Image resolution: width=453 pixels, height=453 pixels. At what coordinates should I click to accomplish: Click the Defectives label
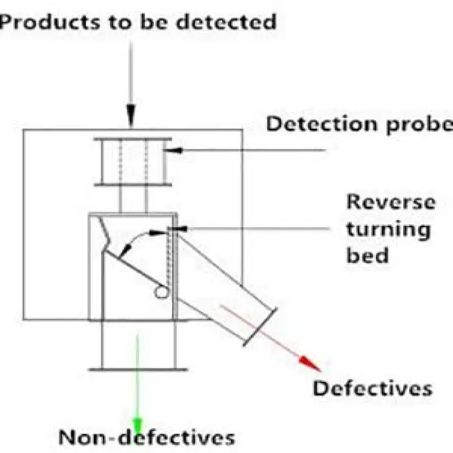point(372,388)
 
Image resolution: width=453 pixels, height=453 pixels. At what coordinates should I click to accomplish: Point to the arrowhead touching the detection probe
point(170,151)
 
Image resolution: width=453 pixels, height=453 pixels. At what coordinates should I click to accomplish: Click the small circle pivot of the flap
point(160,293)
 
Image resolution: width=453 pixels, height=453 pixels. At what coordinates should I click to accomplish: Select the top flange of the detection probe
point(133,139)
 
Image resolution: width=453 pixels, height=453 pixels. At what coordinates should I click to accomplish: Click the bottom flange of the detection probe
point(133,184)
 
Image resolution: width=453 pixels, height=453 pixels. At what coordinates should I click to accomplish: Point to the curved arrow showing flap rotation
point(133,241)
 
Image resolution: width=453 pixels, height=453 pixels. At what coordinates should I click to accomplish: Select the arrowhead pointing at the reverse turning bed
point(180,228)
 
